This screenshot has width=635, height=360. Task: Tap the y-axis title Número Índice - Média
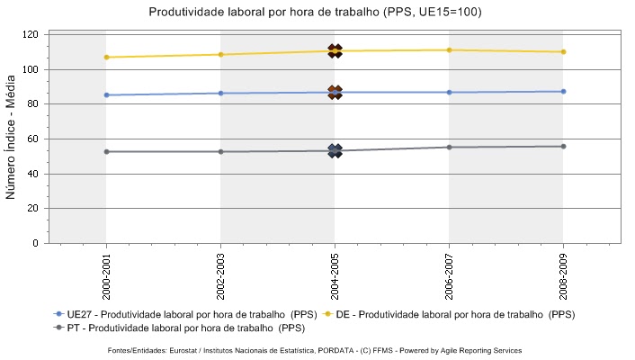[x=13, y=138]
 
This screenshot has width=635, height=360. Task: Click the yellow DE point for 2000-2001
[x=106, y=57]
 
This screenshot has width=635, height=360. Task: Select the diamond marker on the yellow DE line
[x=335, y=51]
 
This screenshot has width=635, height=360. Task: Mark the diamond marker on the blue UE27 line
[x=335, y=92]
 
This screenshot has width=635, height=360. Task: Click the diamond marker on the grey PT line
[x=335, y=150]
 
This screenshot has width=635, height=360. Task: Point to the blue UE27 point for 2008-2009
[x=563, y=91]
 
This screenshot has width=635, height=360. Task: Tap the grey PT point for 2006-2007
[x=449, y=147]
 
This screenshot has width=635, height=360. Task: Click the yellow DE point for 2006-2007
[x=449, y=49]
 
